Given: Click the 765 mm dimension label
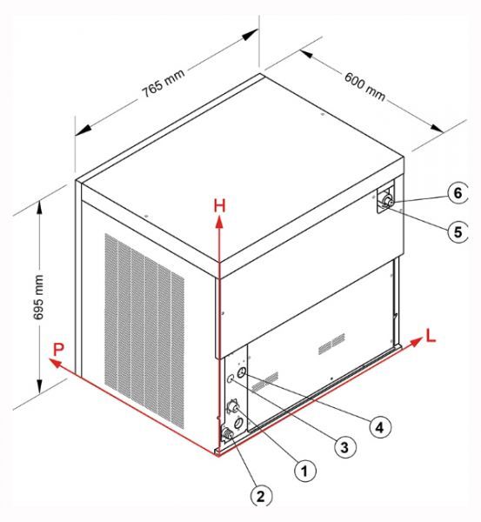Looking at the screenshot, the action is tap(164, 83).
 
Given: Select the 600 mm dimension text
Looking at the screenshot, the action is tap(365, 86).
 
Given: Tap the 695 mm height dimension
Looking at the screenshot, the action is tap(38, 298).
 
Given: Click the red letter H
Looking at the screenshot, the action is tap(220, 205).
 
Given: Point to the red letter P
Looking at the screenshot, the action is tap(58, 350).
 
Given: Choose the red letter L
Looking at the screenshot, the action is tap(431, 335).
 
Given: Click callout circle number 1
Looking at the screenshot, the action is tap(304, 470).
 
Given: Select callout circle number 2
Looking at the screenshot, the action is tap(261, 496).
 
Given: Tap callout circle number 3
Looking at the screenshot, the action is tap(344, 447).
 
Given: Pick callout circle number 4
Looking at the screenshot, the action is tap(379, 427).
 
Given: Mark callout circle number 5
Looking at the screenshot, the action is tap(458, 231).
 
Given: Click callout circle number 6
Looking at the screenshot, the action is tap(458, 192).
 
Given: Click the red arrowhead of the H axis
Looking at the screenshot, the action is tap(219, 222).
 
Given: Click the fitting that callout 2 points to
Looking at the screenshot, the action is tap(228, 434).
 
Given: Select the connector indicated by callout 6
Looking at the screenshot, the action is tap(387, 201).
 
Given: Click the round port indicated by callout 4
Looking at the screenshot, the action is tap(242, 371).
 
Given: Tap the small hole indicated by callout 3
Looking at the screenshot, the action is tap(231, 378).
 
